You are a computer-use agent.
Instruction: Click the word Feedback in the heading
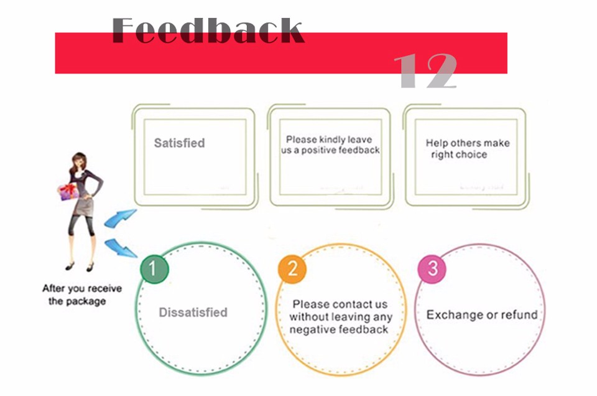208,31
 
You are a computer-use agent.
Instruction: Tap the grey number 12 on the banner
426,70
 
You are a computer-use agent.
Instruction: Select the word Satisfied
179,143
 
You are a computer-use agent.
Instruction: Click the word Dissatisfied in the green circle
193,313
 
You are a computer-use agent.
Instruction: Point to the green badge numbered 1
155,269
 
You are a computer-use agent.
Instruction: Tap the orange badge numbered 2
292,269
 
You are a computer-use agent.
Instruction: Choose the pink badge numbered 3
433,269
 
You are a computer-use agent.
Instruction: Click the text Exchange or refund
482,314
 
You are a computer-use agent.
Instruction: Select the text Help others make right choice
467,148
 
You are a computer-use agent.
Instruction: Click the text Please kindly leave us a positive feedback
330,144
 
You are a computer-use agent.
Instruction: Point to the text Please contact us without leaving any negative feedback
341,317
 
